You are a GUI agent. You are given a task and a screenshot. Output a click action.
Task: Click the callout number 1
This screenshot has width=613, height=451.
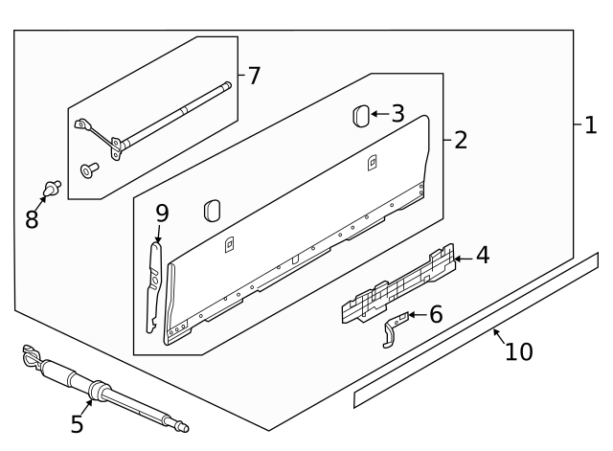[x=590, y=125]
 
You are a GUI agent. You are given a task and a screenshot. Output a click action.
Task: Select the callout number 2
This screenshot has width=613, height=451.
[x=460, y=141]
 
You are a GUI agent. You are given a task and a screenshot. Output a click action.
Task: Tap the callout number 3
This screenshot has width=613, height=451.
[x=397, y=114]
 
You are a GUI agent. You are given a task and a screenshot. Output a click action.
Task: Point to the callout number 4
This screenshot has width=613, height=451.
[x=482, y=256]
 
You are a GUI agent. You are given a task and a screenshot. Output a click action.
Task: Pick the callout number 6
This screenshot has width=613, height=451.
[x=436, y=314]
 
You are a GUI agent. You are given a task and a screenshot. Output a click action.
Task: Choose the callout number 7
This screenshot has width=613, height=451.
[x=253, y=76]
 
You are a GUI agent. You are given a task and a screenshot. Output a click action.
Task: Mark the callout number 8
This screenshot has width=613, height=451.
[x=33, y=219]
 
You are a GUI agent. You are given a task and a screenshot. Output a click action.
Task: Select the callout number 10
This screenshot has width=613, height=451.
[x=518, y=352]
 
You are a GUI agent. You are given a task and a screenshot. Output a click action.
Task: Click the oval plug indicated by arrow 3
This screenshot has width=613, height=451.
[x=359, y=116]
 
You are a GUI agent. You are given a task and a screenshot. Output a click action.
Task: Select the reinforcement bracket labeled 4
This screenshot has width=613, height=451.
[x=397, y=284]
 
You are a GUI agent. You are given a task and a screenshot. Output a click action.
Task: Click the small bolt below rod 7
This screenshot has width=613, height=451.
[x=89, y=170]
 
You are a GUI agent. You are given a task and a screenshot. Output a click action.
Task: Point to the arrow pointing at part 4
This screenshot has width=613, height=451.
[x=462, y=257]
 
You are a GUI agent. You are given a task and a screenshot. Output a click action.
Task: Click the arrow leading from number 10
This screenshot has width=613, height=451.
[x=499, y=335]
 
